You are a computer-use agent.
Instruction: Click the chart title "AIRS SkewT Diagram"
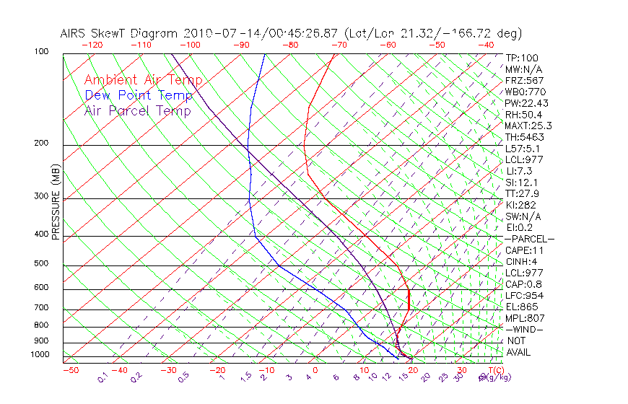click(120, 34)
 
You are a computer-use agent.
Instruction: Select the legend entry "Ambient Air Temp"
click(143, 80)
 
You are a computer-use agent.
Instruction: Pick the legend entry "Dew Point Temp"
click(139, 95)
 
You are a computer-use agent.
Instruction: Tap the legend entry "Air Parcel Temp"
click(137, 110)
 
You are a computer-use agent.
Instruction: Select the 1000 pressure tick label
click(41, 355)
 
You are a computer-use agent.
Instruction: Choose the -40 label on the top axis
click(486, 45)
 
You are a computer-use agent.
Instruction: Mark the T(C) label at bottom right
click(491, 370)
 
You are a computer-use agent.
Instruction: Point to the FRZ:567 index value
click(525, 80)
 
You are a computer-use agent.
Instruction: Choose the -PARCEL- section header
click(529, 239)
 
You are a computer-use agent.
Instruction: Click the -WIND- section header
click(524, 329)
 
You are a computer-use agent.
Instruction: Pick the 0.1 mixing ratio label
click(103, 377)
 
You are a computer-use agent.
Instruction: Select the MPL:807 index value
click(524, 317)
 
